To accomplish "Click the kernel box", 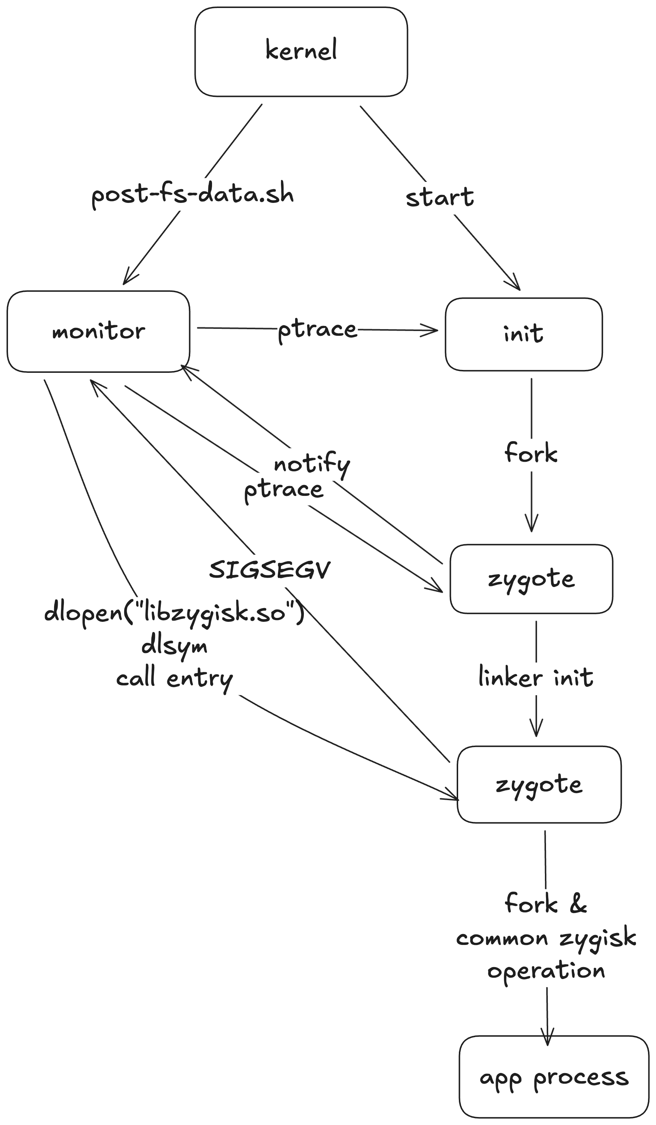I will (x=301, y=51).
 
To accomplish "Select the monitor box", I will (x=98, y=331).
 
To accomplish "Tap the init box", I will (x=523, y=334).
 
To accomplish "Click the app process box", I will (x=554, y=1078).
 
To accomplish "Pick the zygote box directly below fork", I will (x=531, y=579).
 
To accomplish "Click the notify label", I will (x=312, y=464).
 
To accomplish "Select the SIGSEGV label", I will (x=270, y=570).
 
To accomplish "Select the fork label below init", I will (x=531, y=453).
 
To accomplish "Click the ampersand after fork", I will (x=578, y=904).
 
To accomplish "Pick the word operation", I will (x=546, y=971).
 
